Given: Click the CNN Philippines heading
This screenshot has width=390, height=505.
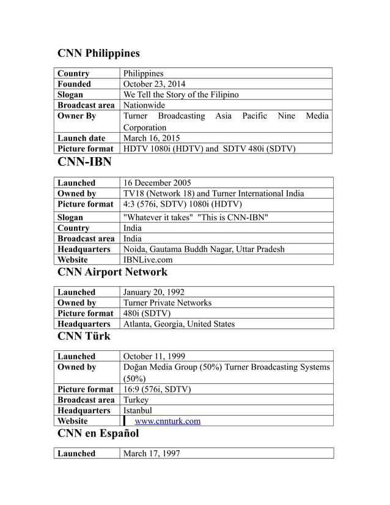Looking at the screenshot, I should click(98, 53).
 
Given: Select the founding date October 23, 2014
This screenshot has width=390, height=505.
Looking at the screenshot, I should click(155, 84).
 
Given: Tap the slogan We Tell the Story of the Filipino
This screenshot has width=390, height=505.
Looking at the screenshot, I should click(181, 95).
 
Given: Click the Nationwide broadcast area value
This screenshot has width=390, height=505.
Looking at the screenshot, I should click(144, 105).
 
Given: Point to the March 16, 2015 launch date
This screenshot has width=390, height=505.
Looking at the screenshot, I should click(152, 138).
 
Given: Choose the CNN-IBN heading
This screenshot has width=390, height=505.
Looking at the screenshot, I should click(84, 163).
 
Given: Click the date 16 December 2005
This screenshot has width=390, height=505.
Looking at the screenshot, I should click(157, 183).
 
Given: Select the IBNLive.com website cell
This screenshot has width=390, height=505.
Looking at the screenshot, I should click(147, 260).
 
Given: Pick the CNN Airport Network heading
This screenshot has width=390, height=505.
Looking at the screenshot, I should click(112, 271).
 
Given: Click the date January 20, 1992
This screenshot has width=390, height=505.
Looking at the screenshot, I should click(154, 292).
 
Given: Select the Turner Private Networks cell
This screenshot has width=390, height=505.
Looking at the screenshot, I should click(167, 303).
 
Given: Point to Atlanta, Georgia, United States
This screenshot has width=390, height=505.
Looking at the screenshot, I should click(179, 323).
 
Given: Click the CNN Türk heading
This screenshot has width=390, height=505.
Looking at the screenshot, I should click(84, 336).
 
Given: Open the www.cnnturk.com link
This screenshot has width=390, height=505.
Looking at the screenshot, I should click(167, 421).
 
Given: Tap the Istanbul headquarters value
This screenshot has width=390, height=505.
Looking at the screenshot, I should click(138, 410).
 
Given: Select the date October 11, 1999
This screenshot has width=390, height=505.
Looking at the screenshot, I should click(155, 356).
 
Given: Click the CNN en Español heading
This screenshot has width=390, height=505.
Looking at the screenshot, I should click(98, 433).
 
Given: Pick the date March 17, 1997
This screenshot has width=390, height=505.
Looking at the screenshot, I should click(152, 453).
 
